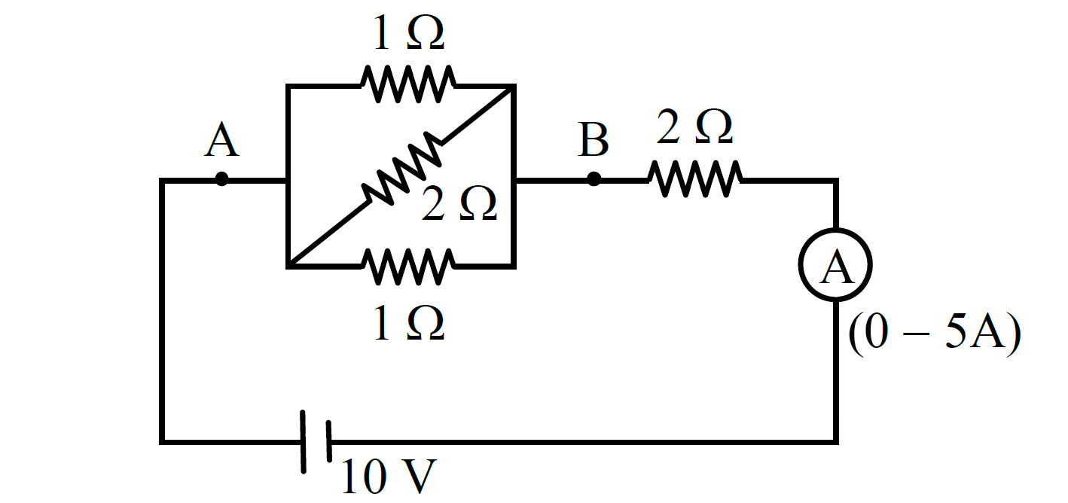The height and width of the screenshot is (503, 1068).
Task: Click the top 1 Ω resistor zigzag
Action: pos(407,84)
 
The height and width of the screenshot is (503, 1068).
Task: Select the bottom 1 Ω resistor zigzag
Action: pos(407,266)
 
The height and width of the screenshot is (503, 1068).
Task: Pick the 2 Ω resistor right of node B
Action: pos(694,179)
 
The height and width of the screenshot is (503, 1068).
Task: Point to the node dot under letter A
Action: pos(221,179)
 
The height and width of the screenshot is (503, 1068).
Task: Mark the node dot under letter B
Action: pos(594,179)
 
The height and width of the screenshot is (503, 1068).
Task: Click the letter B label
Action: pos(593,140)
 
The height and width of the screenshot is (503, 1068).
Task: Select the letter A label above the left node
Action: pos(221,140)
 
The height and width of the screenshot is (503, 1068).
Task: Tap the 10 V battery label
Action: pos(389,476)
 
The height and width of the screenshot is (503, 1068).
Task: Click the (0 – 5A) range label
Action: pos(935,334)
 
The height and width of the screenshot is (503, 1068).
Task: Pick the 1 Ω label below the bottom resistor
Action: pos(409,323)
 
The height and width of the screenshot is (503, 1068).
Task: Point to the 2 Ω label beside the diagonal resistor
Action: pos(459,203)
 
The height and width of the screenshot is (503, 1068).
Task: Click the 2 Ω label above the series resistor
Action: pos(694,127)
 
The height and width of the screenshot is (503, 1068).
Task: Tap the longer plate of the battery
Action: pos(304,442)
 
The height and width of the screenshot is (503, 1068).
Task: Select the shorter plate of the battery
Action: pos(329,441)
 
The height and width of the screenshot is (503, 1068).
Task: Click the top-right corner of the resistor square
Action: pos(513,87)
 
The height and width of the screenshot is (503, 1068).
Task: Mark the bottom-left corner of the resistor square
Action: pos(288,267)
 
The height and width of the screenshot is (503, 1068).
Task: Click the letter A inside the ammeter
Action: pos(837,267)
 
